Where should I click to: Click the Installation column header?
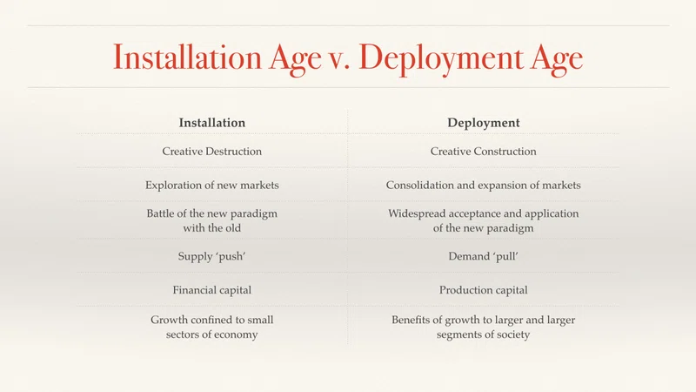(211, 123)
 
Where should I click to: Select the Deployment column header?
(484, 123)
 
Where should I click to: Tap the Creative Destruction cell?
(211, 151)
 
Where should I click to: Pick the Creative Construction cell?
(484, 151)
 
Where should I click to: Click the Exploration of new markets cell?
(211, 186)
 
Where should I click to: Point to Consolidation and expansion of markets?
(484, 186)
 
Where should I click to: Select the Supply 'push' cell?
(211, 256)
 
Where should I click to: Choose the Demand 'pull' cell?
(484, 256)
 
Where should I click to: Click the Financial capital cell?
(211, 290)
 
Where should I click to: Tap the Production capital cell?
(484, 290)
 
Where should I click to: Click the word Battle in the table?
(161, 213)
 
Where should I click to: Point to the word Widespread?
(417, 213)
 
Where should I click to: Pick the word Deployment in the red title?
(441, 58)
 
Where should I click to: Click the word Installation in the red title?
(187, 57)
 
